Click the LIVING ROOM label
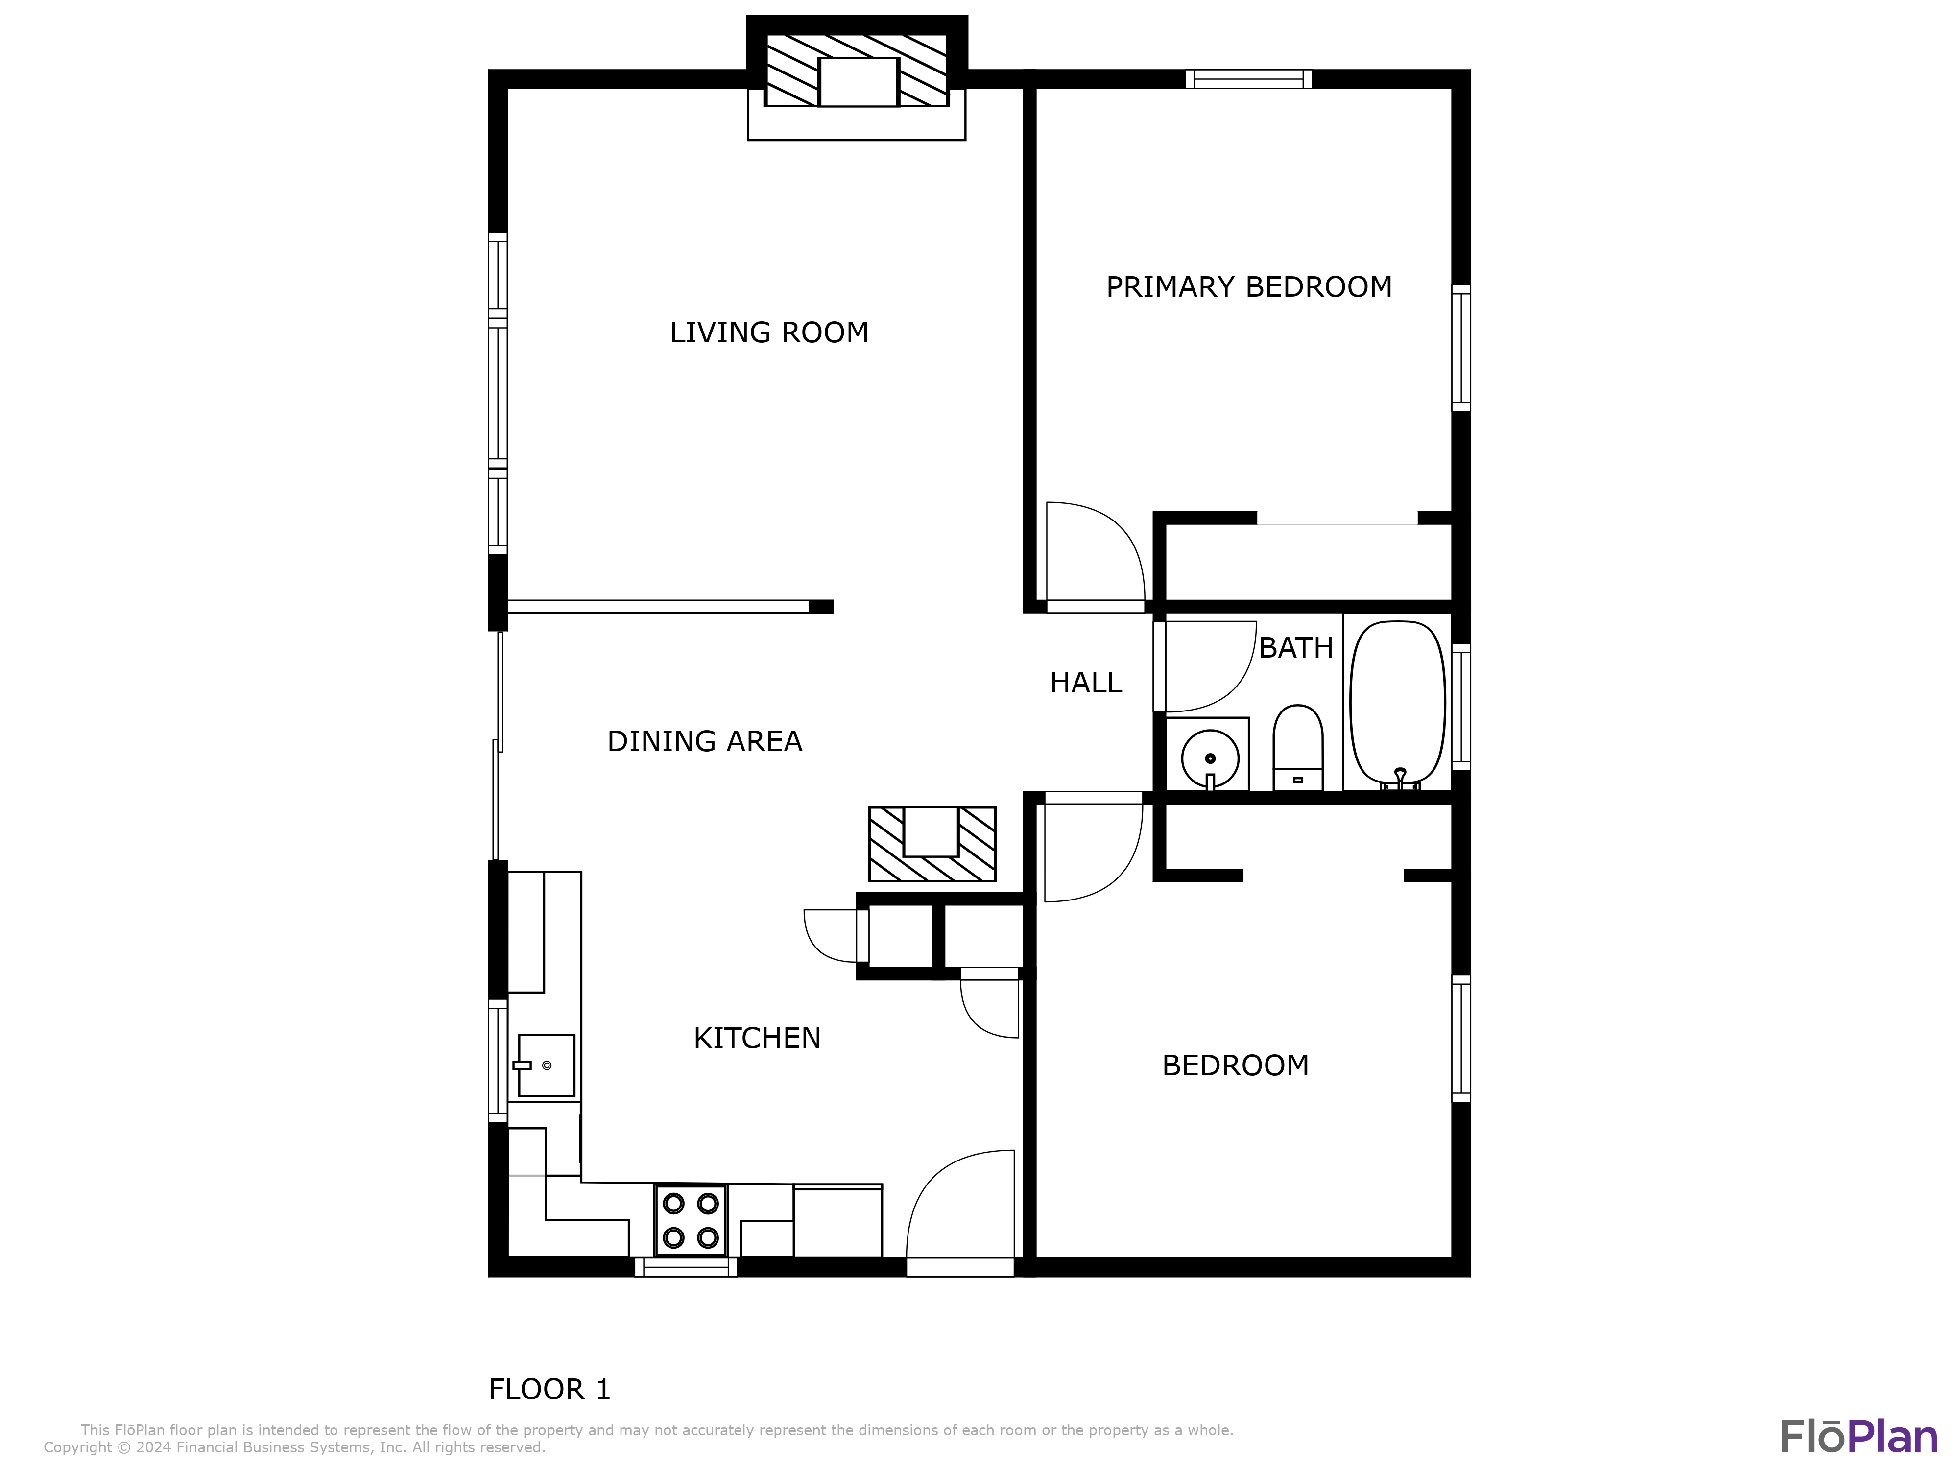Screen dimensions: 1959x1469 click(769, 333)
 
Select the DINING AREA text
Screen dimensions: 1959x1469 click(705, 741)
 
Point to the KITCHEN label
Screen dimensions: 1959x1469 click(757, 1038)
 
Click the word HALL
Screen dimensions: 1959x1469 click(1086, 683)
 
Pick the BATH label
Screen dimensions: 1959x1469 click(1296, 648)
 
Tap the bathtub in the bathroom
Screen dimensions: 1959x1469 click(1398, 704)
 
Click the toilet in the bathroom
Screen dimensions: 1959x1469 click(1297, 747)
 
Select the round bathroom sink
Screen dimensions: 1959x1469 click(1210, 759)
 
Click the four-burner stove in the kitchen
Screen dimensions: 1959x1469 click(691, 1220)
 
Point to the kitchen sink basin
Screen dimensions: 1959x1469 click(547, 1065)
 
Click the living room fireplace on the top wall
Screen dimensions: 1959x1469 click(857, 78)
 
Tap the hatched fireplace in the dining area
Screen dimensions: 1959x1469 click(932, 844)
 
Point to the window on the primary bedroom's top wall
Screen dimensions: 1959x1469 click(1249, 79)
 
